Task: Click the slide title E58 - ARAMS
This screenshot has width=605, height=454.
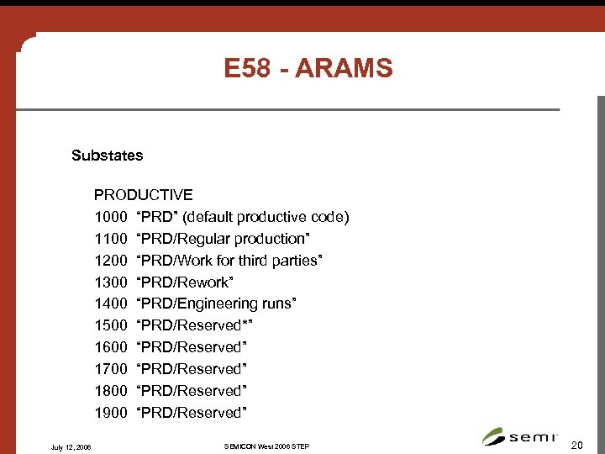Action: [308, 69]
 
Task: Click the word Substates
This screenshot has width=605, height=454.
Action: [107, 156]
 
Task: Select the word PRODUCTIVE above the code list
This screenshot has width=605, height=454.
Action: [143, 195]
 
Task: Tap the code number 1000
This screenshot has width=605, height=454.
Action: [110, 217]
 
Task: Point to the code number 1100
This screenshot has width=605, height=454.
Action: [110, 239]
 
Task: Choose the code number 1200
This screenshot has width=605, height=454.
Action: [110, 261]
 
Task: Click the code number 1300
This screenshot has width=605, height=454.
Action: [110, 282]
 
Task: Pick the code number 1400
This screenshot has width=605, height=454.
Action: [110, 304]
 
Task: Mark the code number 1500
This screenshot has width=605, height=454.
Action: [110, 325]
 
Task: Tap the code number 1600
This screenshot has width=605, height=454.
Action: [110, 347]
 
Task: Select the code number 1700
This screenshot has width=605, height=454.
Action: [110, 369]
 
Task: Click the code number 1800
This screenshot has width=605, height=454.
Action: [110, 391]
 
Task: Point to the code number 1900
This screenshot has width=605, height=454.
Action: [110, 413]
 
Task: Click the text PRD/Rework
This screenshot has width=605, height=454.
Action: [184, 282]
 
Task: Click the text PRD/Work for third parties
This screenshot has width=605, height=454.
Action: [229, 261]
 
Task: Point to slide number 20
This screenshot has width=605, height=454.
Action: [576, 443]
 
